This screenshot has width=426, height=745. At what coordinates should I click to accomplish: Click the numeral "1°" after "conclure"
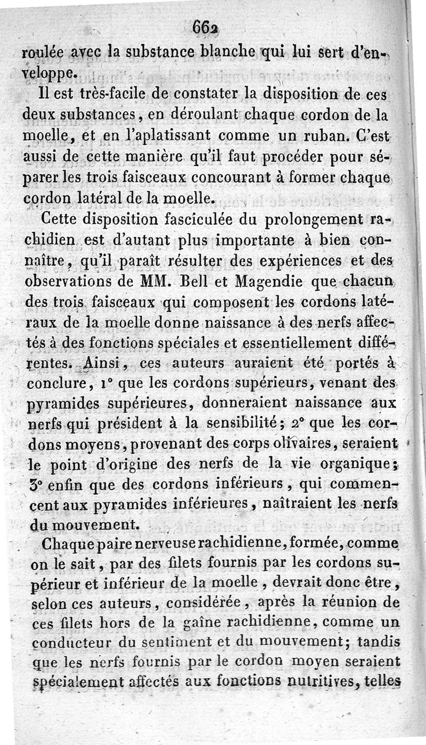[110, 382]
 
